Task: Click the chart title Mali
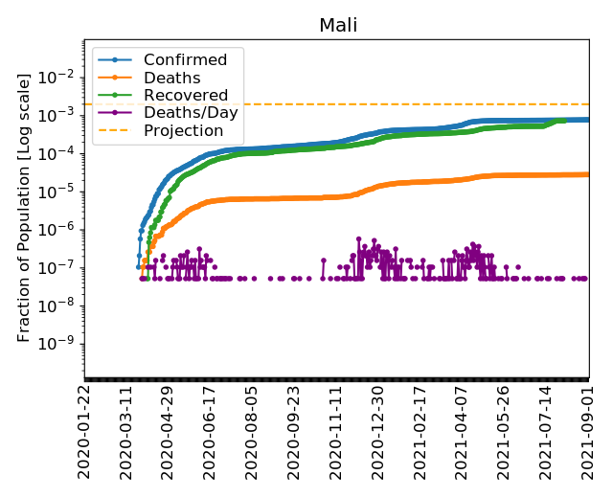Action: pos(338,25)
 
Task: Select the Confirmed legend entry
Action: pos(187,60)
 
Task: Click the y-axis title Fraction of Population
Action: pos(25,206)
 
